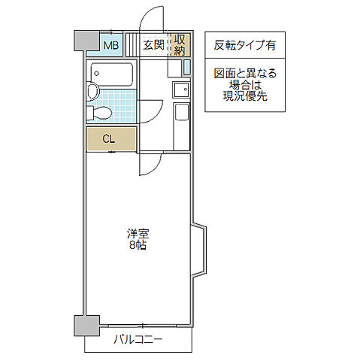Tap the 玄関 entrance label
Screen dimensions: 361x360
pyautogui.click(x=154, y=45)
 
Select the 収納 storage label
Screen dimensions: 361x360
pyautogui.click(x=180, y=45)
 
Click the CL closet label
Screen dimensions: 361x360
pyautogui.click(x=109, y=138)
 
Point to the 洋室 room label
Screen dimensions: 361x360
pyautogui.click(x=137, y=233)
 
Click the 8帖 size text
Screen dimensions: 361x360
pyautogui.click(x=136, y=246)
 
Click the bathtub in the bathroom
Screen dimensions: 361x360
pyautogui.click(x=111, y=74)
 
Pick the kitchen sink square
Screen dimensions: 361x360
pyautogui.click(x=181, y=91)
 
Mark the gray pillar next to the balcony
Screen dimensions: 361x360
pyautogui.click(x=86, y=326)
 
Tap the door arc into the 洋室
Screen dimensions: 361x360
pyautogui.click(x=150, y=164)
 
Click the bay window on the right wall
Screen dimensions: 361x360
pyautogui.click(x=199, y=249)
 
